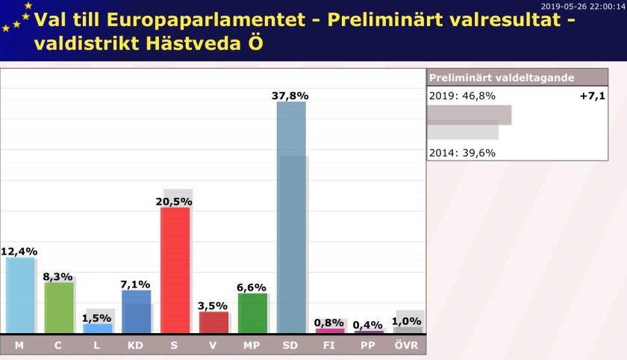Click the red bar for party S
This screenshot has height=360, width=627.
click(x=175, y=270)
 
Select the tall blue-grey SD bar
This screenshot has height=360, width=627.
click(x=291, y=217)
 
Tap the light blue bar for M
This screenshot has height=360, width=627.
click(x=20, y=295)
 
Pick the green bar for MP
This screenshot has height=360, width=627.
click(x=253, y=313)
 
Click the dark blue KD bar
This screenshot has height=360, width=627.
click(x=137, y=311)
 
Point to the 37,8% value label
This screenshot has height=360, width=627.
click(x=290, y=96)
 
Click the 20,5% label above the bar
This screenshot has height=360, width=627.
click(x=174, y=202)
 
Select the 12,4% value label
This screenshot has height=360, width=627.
click(x=19, y=252)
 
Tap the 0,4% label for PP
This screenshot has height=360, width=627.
click(x=367, y=325)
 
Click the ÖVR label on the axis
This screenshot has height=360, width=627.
click(x=406, y=345)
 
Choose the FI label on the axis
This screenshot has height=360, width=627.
click(x=328, y=345)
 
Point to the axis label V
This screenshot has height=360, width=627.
click(x=213, y=345)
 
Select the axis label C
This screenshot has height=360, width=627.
click(x=58, y=345)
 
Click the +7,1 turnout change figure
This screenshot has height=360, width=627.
click(x=592, y=96)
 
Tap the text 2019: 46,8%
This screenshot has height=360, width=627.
click(x=462, y=96)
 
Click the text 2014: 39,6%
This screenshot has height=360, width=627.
click(x=462, y=153)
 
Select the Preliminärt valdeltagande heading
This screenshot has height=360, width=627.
click(x=502, y=78)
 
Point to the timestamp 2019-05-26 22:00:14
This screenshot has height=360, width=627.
click(x=583, y=7)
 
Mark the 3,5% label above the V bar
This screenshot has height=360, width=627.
click(x=213, y=306)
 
